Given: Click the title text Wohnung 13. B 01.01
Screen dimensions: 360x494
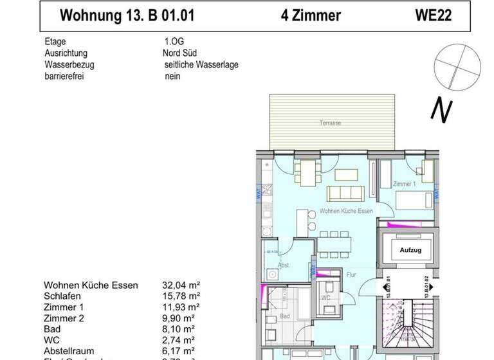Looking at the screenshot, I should (126, 15).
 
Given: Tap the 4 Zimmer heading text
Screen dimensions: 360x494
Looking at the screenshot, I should (311, 15).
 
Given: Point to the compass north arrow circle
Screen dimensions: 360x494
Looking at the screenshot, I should (454, 67).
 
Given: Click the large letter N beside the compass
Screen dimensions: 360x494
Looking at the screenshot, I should (440, 111).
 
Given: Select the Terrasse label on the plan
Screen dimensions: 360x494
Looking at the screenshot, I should (330, 123).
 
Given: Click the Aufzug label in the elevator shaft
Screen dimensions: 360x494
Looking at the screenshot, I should (410, 250).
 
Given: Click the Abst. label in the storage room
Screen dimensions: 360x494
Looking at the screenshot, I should (284, 264).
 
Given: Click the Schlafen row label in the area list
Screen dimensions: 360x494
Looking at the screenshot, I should (64, 296).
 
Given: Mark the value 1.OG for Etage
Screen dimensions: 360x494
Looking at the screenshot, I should (172, 42).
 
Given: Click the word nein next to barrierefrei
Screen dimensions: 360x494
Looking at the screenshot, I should (172, 75).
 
